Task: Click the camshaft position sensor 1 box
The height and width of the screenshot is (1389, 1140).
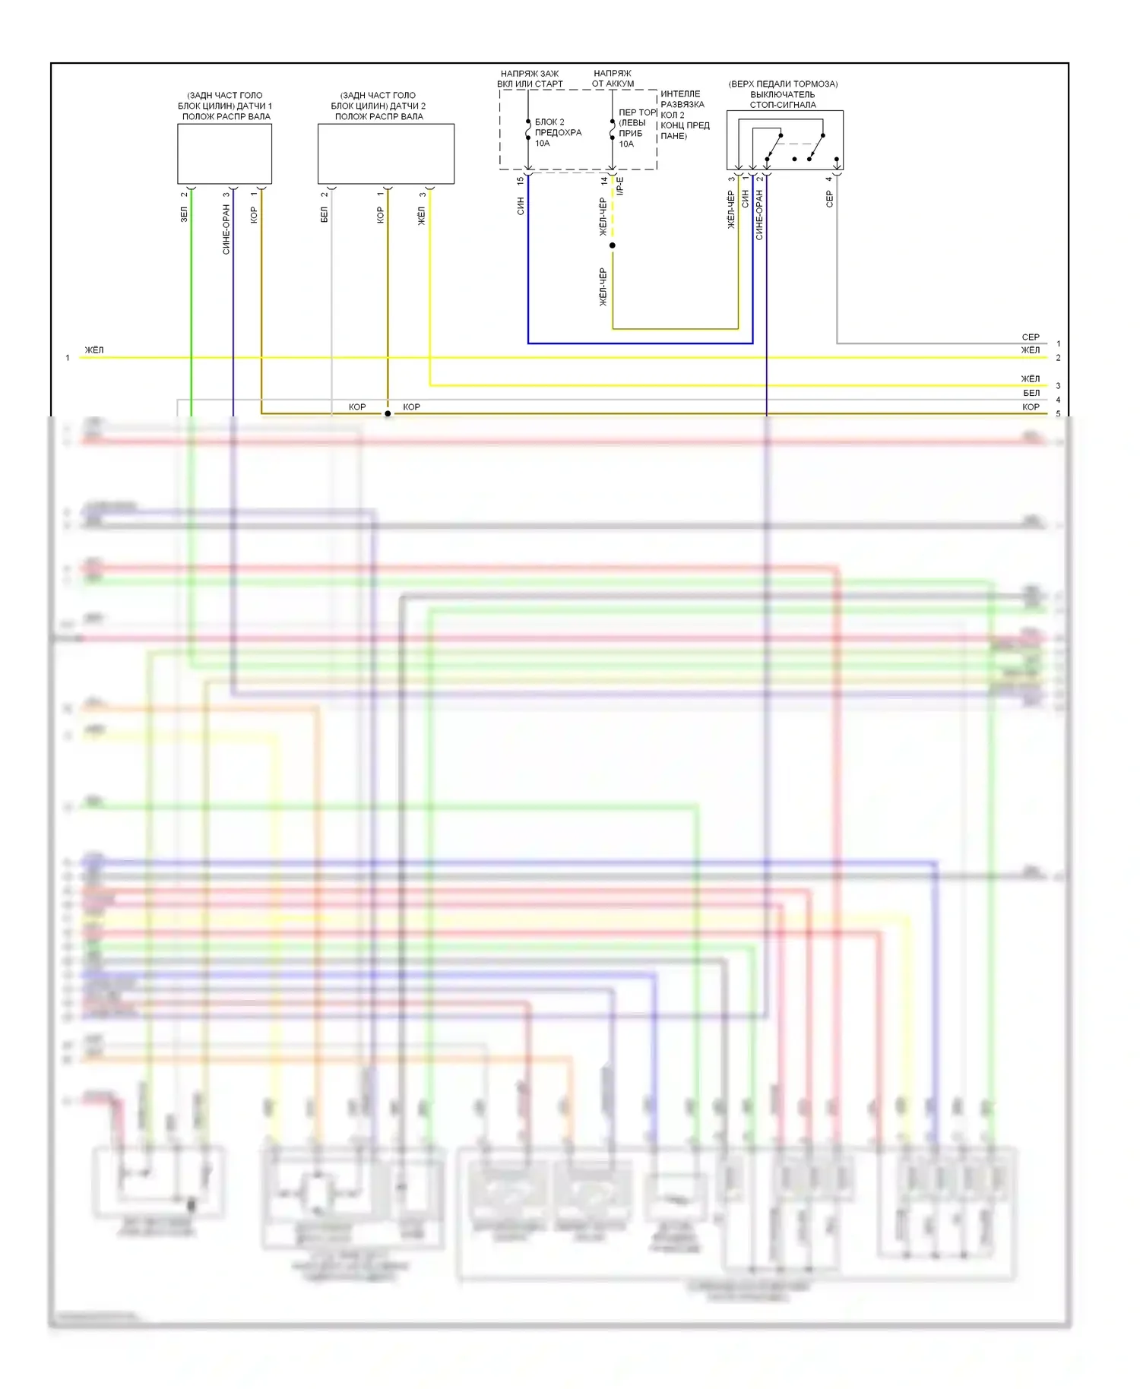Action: [224, 153]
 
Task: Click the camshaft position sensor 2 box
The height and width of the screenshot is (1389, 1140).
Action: [385, 153]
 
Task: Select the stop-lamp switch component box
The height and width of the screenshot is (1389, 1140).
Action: [784, 140]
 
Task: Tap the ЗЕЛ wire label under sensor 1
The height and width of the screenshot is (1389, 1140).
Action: [184, 215]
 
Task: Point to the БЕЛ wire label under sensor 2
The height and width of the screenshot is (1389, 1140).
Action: [325, 216]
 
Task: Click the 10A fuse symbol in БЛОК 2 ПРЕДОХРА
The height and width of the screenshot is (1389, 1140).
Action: [528, 132]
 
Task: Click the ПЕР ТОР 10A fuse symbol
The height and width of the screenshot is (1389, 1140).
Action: [613, 132]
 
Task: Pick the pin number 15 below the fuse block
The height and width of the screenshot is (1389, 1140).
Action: [521, 181]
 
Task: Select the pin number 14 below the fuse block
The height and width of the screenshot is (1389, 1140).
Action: [604, 181]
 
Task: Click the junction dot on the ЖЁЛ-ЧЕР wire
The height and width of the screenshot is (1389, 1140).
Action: [613, 245]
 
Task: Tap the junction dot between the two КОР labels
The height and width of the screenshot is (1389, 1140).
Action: [388, 413]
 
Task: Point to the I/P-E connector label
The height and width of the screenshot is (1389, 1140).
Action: [620, 186]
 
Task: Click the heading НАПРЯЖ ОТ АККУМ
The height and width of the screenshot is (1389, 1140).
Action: [613, 78]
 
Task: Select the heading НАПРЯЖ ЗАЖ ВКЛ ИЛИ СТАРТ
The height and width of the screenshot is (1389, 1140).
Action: [530, 78]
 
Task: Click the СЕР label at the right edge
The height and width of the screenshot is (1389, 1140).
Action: [1031, 337]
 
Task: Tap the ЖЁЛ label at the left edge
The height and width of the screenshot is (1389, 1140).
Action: [94, 350]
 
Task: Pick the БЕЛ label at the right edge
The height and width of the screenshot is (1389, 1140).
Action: [1031, 393]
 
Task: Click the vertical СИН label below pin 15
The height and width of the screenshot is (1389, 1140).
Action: [521, 206]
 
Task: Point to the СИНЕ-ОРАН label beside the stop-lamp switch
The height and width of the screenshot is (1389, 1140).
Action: [759, 216]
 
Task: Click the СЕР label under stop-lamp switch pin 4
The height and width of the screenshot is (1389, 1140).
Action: [829, 199]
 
